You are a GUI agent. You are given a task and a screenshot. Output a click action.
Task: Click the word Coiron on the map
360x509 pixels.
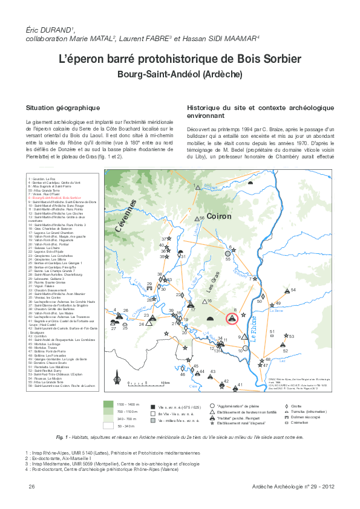(x=220, y=216)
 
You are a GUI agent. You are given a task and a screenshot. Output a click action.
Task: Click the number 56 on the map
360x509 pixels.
(x=202, y=218)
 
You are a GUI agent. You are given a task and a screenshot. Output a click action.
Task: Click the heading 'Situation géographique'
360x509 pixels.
(x=62, y=107)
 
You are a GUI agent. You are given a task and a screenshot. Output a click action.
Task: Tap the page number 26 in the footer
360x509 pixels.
(x=31, y=487)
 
